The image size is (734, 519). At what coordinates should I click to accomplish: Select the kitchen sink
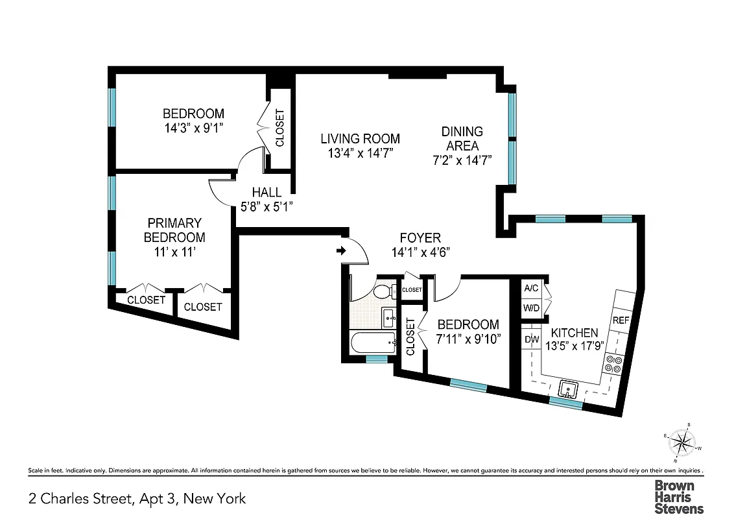[x=569, y=389]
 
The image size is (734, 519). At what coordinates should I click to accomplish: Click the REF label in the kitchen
[x=621, y=320]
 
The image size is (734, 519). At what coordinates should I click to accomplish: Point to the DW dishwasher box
[x=532, y=339]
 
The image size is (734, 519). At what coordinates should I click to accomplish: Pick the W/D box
[x=532, y=308]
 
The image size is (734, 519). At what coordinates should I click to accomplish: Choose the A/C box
[x=532, y=288]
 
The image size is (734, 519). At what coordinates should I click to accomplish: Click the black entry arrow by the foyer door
[x=341, y=250]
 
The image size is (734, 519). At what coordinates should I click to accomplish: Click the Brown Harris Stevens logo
[x=678, y=496]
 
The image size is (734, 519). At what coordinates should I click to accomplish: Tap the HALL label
[x=266, y=193]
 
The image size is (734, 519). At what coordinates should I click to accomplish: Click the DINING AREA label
[x=462, y=139]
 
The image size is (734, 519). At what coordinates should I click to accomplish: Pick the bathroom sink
[x=389, y=317]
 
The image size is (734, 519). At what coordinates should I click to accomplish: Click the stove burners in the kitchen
[x=613, y=364]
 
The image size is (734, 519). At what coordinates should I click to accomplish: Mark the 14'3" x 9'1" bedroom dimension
[x=193, y=128]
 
